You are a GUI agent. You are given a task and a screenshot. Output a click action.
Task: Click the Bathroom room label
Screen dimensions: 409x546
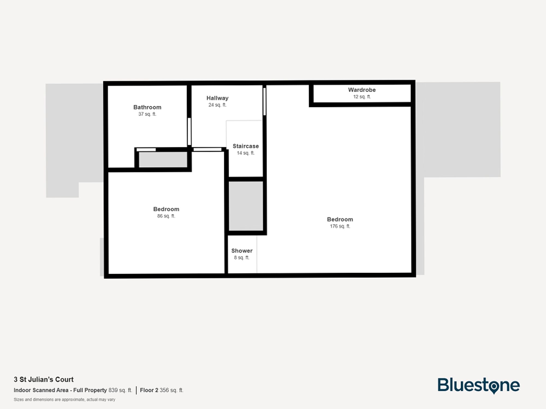point(147,107)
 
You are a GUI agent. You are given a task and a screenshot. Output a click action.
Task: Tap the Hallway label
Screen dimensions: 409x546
point(217,98)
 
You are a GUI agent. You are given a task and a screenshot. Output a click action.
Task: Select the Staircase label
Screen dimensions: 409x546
point(245,146)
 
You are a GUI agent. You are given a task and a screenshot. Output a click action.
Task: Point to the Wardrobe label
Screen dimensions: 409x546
point(362,90)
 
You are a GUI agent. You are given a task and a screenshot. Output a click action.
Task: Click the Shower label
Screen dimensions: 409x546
point(242,251)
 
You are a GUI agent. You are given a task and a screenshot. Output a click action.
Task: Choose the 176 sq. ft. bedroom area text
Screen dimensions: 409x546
point(340,226)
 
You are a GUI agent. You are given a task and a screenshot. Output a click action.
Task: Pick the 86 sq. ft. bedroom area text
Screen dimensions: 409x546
point(166,216)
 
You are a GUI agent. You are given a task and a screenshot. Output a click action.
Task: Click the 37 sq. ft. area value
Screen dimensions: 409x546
point(147,114)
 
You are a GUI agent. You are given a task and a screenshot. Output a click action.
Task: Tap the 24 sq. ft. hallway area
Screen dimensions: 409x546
point(217,105)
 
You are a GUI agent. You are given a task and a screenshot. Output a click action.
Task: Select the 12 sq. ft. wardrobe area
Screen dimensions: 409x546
point(362,97)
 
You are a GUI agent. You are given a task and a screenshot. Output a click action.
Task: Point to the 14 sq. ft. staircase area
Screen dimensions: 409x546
point(245,153)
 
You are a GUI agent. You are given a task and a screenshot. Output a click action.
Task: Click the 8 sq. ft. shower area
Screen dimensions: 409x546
point(242,258)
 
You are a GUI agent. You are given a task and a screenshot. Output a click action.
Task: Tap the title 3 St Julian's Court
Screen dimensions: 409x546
point(44,379)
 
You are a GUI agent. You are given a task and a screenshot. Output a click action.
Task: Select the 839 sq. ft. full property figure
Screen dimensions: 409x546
point(120,390)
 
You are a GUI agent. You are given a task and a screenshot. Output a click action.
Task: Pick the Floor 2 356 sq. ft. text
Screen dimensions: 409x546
point(162,390)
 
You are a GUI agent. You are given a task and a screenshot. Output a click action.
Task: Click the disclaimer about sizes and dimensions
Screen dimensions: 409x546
point(64,399)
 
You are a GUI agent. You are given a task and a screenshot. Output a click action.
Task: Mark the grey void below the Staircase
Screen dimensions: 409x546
point(246,206)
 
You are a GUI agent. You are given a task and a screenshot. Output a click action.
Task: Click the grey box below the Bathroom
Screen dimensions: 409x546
point(163,160)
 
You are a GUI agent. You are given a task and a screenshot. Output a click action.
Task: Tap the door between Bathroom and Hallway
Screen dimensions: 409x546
point(189,131)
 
